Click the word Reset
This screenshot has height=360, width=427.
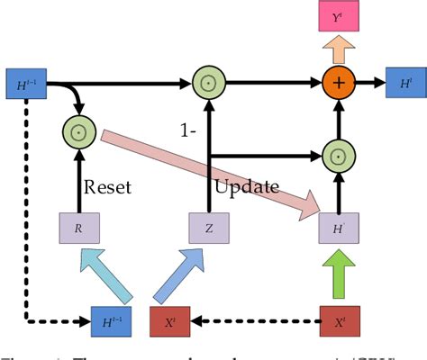(108, 187)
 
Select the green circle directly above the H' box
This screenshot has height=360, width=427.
(338, 157)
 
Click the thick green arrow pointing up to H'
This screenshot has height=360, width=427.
(339, 274)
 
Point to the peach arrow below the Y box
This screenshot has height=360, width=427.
(337, 48)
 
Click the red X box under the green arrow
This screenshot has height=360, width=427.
(339, 319)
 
